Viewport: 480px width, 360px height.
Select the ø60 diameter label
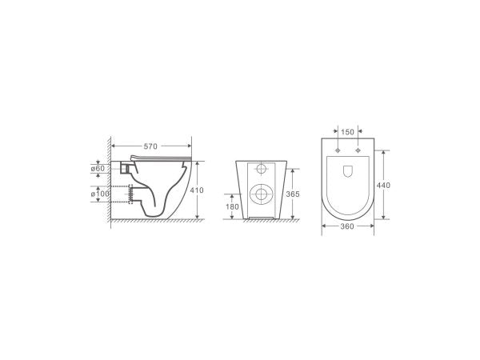pos(97,169)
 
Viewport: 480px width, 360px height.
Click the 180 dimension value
pos(233,207)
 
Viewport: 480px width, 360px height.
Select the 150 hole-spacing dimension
pos(347,133)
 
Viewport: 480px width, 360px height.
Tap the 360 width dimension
pos(347,227)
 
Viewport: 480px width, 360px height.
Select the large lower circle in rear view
pos(261,194)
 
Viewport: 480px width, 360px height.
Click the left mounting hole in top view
pos(339,151)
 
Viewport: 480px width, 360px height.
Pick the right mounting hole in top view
pos(356,151)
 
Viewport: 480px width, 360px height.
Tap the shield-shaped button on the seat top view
pos(348,171)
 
